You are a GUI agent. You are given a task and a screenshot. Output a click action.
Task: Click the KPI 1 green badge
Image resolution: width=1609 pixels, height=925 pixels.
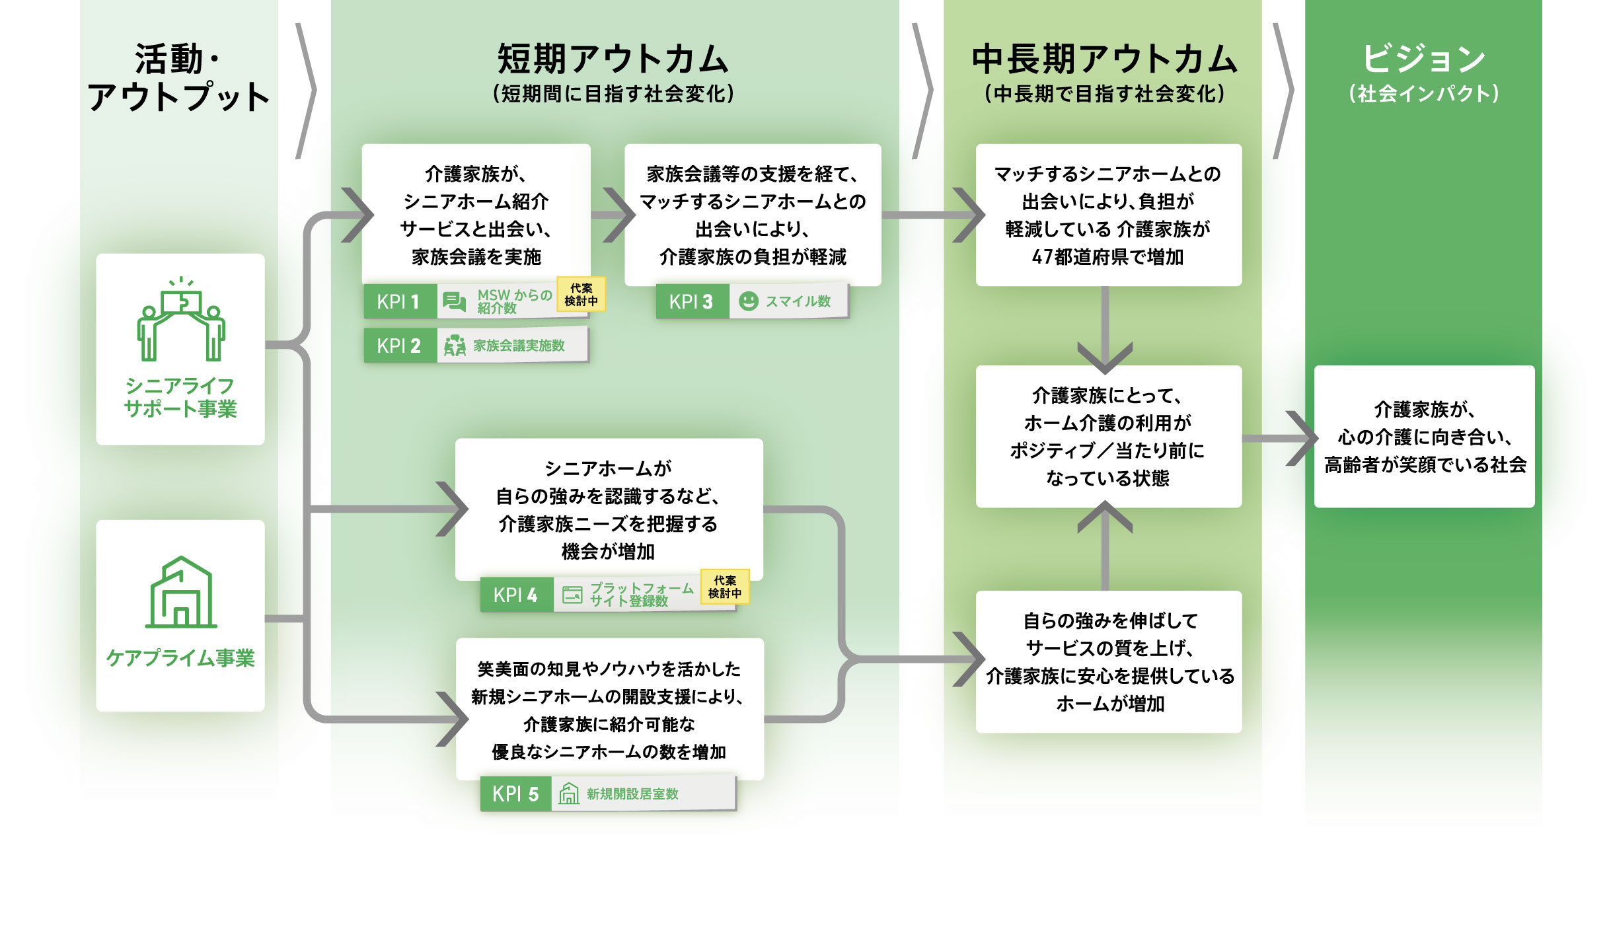(x=400, y=302)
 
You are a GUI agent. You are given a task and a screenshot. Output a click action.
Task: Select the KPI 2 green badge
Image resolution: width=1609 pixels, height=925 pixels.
(x=400, y=346)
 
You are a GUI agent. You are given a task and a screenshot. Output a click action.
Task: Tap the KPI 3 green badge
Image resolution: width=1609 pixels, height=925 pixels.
(x=692, y=302)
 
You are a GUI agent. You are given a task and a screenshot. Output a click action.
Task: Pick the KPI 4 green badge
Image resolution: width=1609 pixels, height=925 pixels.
(x=516, y=595)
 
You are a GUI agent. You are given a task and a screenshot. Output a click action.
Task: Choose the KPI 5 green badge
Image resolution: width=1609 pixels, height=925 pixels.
(x=516, y=794)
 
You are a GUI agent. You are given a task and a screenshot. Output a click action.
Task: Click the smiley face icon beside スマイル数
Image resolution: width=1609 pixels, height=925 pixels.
(x=748, y=301)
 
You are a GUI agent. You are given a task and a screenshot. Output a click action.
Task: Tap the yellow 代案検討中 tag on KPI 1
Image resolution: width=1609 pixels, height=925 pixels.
(x=581, y=295)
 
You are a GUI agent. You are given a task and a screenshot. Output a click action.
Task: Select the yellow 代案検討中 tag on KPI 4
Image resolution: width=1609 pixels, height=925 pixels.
(x=724, y=587)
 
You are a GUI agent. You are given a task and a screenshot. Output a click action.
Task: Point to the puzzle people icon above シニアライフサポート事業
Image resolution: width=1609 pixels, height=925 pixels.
(x=181, y=320)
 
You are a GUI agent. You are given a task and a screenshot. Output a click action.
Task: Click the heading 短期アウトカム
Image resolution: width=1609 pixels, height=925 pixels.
(x=613, y=59)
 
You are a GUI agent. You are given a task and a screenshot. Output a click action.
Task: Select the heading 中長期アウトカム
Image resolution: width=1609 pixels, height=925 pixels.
(x=1104, y=59)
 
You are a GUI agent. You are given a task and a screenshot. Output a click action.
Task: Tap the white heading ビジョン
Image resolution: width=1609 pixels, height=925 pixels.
(x=1423, y=59)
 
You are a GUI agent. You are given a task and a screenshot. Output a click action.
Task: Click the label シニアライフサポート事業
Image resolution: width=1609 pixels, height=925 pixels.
(x=180, y=398)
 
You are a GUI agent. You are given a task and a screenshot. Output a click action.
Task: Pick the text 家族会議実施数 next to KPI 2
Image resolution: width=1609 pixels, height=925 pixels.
(x=519, y=346)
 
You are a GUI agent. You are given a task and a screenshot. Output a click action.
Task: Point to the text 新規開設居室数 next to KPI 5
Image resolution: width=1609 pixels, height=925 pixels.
(x=632, y=794)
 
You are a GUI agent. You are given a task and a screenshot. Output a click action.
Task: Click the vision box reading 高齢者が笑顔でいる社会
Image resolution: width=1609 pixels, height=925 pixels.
(x=1424, y=437)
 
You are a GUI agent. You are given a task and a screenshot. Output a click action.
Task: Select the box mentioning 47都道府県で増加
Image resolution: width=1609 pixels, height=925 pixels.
(x=1108, y=215)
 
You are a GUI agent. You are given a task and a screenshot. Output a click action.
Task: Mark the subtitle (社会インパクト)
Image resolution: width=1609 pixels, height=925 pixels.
(x=1423, y=94)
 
